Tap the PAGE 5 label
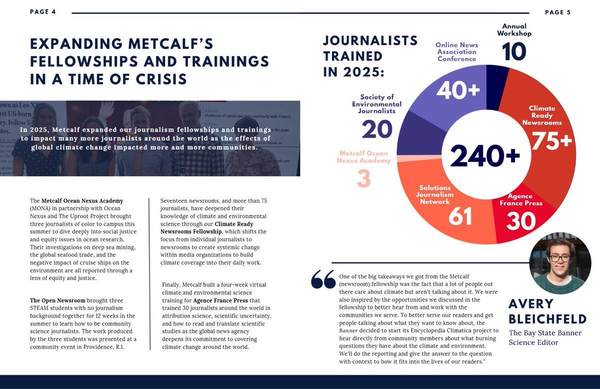click(x=557, y=12)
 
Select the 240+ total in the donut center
click(x=485, y=156)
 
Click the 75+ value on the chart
click(x=551, y=141)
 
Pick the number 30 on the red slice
click(x=520, y=221)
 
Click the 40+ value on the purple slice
click(x=458, y=90)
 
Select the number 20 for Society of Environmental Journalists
click(x=376, y=130)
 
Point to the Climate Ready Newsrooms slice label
click(x=542, y=115)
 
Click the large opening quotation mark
click(x=322, y=280)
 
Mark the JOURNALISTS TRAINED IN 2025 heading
click(x=370, y=56)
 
